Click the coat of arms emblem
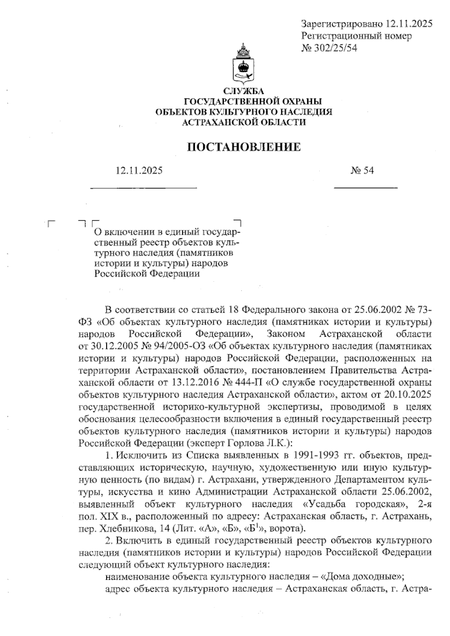click(243, 64)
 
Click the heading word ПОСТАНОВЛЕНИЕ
click(244, 147)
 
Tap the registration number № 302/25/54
click(329, 48)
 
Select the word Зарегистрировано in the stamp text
click(341, 24)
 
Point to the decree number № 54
click(362, 171)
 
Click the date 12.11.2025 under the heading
click(139, 171)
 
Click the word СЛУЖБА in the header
click(244, 91)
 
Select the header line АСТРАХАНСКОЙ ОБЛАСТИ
click(244, 122)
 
